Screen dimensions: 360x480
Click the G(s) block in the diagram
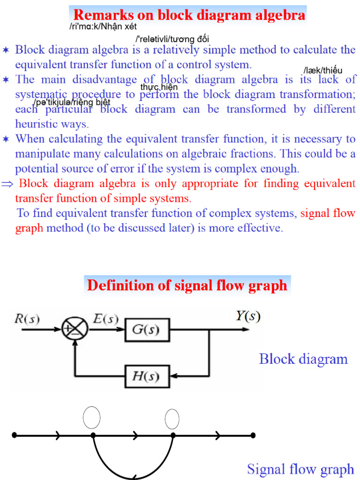point(147,330)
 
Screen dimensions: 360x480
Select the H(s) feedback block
point(147,376)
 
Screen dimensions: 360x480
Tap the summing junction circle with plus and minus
point(75,329)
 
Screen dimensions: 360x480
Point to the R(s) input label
point(27,319)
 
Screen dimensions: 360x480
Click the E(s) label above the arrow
point(105,319)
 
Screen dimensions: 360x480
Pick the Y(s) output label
point(248,315)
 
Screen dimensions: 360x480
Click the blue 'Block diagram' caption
point(303,359)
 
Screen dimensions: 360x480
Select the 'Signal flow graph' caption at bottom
point(300,469)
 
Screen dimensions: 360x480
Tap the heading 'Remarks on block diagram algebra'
point(189,15)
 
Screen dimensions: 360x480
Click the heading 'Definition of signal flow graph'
point(187,285)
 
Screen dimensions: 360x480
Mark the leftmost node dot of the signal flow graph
point(14,435)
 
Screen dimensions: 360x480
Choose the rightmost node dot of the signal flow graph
point(253,435)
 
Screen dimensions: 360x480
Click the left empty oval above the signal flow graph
point(91,418)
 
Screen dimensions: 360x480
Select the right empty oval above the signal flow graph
point(172,419)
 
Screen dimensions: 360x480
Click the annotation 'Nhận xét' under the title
point(119,27)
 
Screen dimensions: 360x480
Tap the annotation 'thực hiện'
point(159,87)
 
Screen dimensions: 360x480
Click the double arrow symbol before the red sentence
point(7,184)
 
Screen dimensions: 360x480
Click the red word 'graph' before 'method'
point(29,228)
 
